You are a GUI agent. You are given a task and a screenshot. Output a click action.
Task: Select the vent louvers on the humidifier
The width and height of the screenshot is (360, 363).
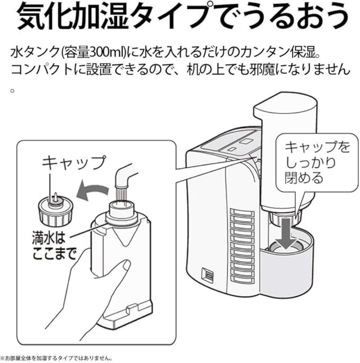[242, 245]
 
